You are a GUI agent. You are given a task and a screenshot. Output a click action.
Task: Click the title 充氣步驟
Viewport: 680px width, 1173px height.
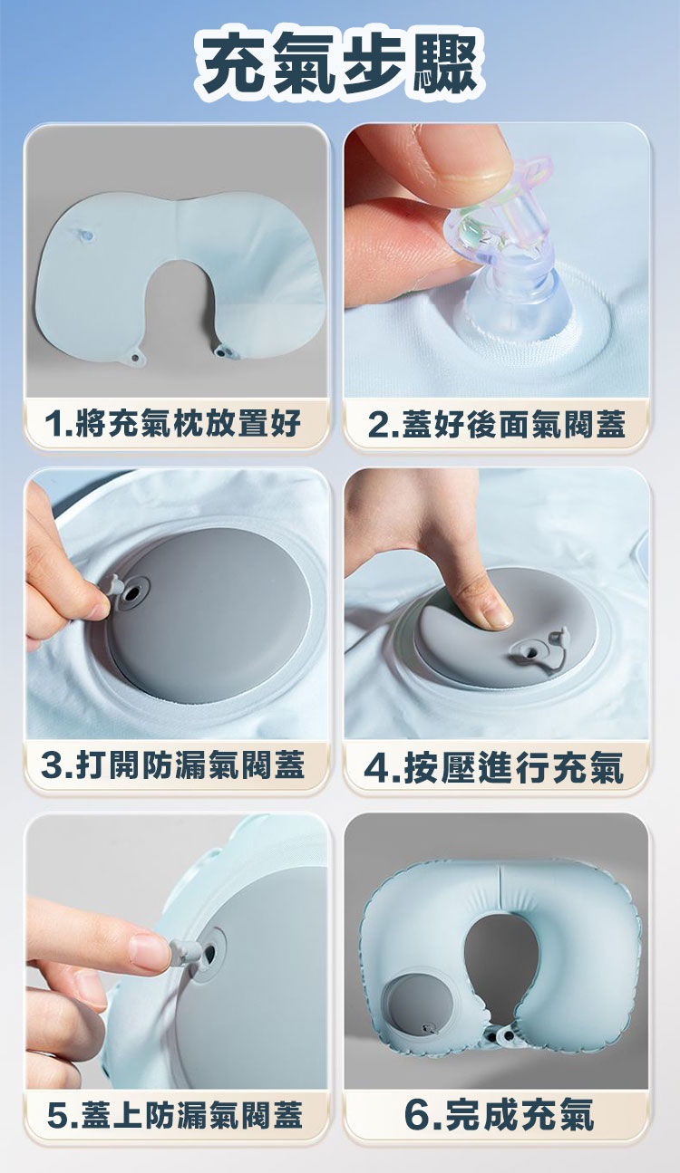(339, 65)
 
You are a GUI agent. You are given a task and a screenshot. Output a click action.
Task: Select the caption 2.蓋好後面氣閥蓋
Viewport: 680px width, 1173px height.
(497, 422)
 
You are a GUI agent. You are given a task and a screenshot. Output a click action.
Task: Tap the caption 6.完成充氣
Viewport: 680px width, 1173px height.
(497, 1114)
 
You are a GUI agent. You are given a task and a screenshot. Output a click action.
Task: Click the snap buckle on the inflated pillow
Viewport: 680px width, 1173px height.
(504, 1032)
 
